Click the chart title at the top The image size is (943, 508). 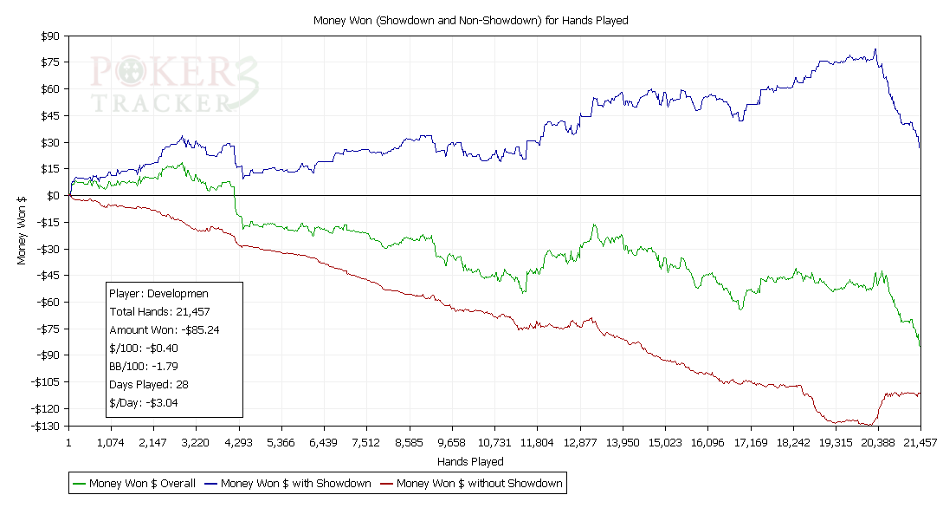[470, 20]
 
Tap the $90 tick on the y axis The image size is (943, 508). [48, 36]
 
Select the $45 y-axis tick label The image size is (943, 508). [48, 115]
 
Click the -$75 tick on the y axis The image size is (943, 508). [46, 329]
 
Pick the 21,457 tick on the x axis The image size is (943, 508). [920, 442]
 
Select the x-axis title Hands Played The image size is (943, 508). [470, 461]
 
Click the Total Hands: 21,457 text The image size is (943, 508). [160, 311]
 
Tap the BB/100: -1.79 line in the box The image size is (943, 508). [144, 366]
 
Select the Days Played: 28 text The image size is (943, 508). [149, 384]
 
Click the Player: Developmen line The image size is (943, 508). [158, 293]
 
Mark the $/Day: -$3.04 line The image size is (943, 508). [144, 402]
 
